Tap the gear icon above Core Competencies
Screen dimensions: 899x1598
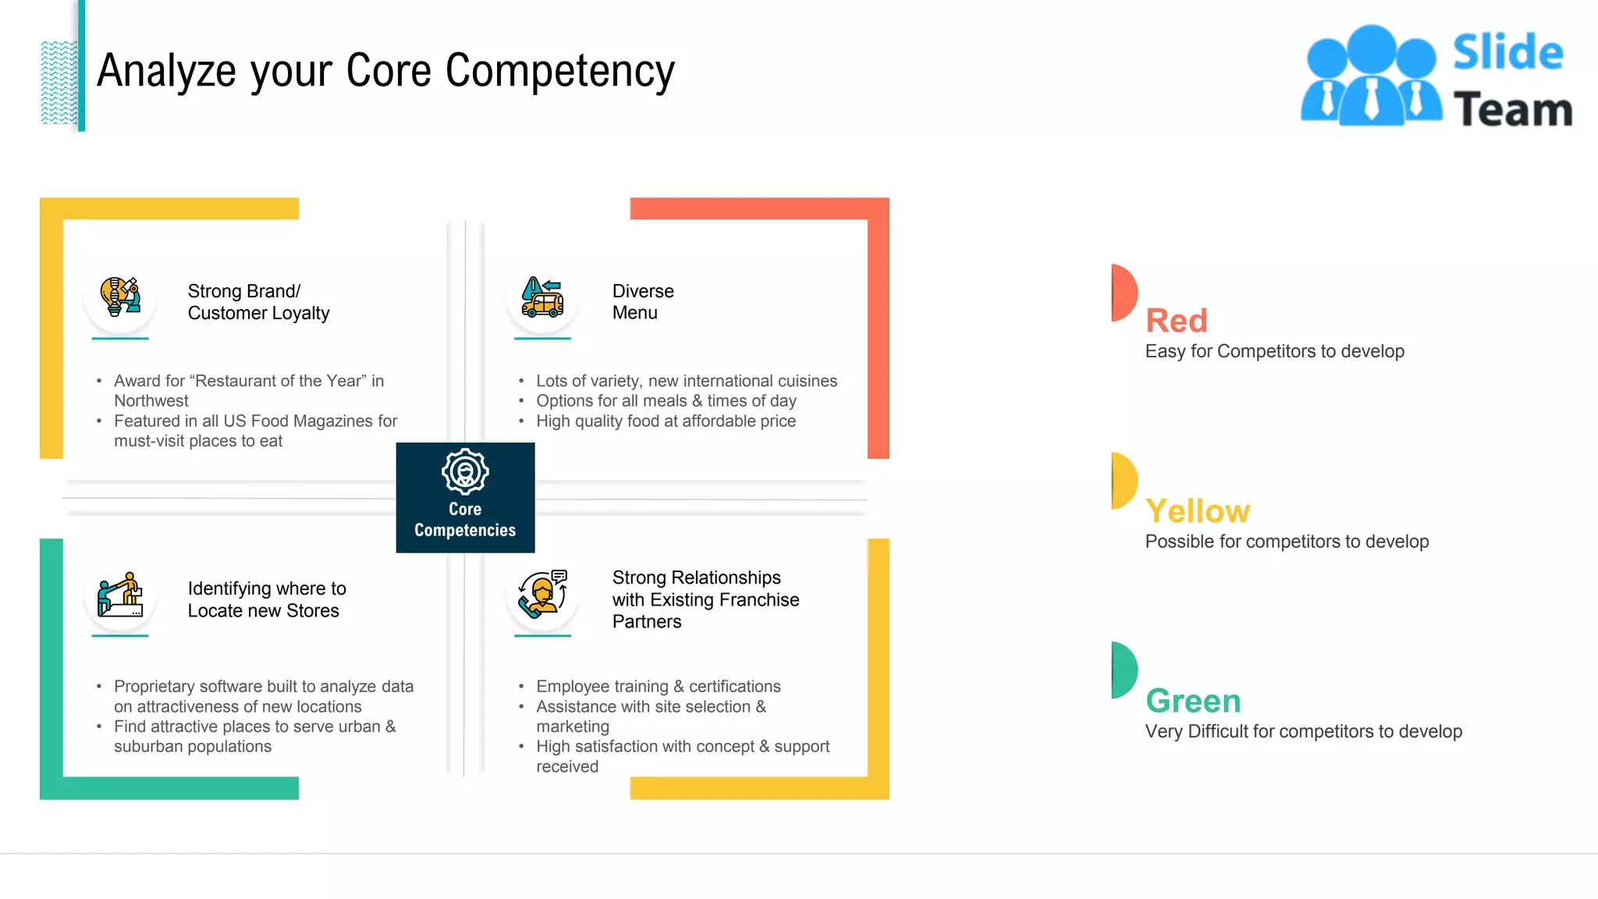(x=465, y=471)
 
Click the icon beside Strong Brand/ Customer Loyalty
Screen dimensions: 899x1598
(x=120, y=297)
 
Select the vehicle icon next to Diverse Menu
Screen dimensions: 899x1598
(x=542, y=297)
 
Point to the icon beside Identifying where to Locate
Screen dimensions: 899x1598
(x=120, y=595)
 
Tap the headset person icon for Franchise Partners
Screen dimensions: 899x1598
(x=542, y=595)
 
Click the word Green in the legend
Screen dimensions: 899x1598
(x=1192, y=701)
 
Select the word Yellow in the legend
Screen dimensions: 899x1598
(x=1197, y=511)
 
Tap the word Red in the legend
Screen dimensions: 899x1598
(x=1176, y=321)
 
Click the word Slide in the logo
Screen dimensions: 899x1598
(x=1507, y=53)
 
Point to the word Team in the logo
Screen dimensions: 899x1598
(x=1512, y=109)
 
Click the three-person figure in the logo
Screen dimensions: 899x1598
(x=1371, y=76)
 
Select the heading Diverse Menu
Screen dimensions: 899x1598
(x=642, y=302)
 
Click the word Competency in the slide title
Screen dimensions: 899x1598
(x=559, y=71)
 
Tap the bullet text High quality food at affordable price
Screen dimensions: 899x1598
(x=666, y=421)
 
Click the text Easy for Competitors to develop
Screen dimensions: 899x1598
(x=1274, y=351)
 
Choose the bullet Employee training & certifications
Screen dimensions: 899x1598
(x=658, y=687)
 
